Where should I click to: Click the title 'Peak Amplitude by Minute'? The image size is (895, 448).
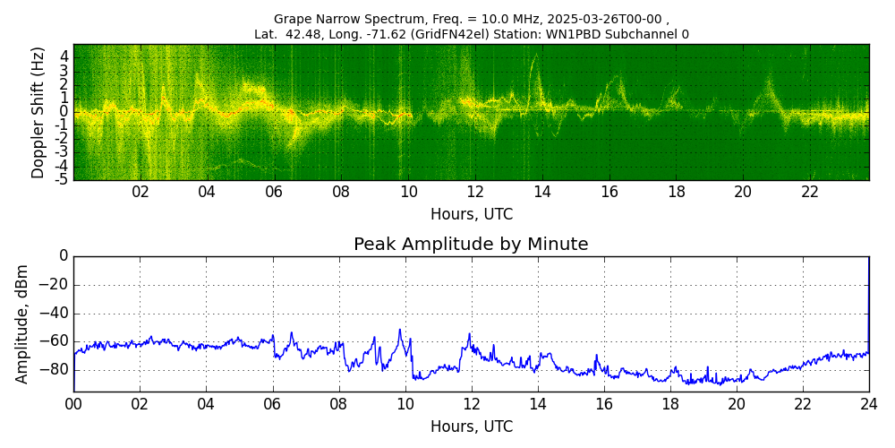coord(471,245)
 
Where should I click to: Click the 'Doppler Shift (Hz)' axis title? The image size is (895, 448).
coord(38,112)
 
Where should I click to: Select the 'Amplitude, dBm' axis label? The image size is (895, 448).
coord(23,323)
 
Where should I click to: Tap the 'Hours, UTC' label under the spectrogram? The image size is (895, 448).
coord(472,215)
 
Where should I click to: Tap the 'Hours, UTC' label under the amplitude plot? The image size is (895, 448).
coord(472,426)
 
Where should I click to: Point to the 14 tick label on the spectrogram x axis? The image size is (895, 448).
coord(542,192)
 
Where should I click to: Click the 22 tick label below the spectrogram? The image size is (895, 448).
coord(810,192)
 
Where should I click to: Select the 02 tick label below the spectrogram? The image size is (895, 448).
coord(141,192)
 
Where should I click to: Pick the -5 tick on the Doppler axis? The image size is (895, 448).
coord(63,179)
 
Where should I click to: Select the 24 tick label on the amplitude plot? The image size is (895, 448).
coord(869,404)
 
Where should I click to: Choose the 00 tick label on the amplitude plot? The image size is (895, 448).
coord(73,404)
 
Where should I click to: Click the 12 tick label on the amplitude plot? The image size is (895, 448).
coord(472,404)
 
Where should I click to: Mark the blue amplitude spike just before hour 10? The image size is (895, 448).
coord(400,331)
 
